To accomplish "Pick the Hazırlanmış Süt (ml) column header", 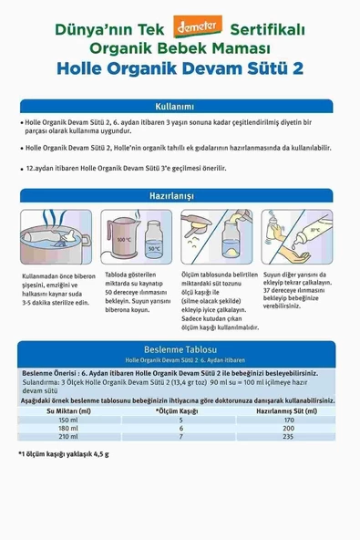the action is [288, 411].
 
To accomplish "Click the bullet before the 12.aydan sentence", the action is [20, 170].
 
